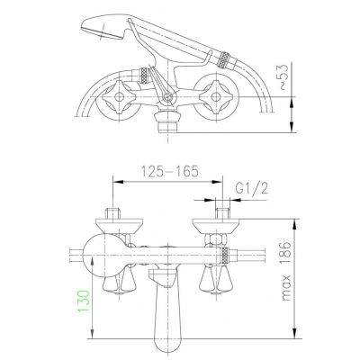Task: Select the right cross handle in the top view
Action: [x=217, y=98]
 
